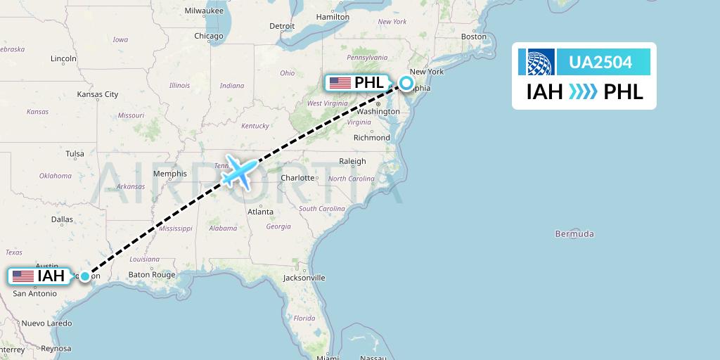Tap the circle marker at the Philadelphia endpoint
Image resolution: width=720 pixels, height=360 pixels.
click(407, 83)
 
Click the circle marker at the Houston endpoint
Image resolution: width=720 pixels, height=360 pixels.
click(84, 276)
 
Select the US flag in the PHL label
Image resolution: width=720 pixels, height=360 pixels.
click(340, 83)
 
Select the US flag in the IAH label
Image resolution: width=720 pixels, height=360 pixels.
click(23, 276)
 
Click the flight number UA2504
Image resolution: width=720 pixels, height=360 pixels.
click(600, 63)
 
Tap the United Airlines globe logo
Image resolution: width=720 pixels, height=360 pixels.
click(536, 62)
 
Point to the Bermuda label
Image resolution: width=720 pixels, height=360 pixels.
click(574, 233)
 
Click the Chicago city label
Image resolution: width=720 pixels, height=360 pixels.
click(208, 36)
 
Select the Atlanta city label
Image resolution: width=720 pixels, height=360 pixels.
click(260, 211)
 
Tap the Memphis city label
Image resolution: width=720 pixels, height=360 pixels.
click(169, 174)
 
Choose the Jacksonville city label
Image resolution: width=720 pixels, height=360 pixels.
click(304, 278)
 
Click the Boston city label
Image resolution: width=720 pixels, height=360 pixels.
click(473, 37)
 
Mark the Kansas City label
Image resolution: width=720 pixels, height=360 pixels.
click(97, 94)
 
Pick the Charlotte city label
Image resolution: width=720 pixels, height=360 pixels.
click(297, 178)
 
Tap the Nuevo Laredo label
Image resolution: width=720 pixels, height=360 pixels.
click(46, 323)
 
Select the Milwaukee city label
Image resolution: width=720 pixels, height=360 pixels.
click(203, 11)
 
